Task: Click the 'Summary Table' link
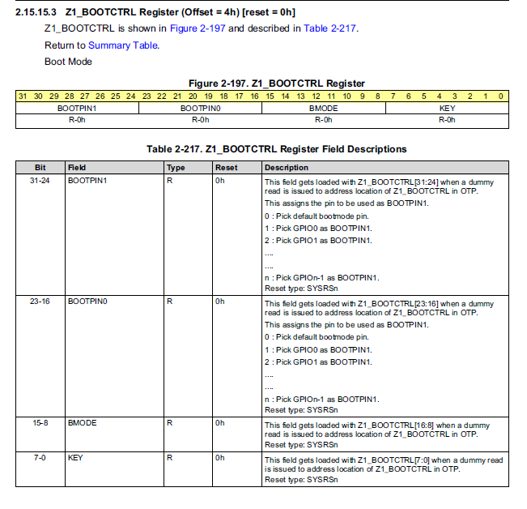coord(123,45)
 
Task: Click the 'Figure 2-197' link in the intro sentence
coord(198,28)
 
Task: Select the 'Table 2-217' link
coord(329,28)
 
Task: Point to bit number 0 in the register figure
coord(502,96)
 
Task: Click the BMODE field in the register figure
coord(324,108)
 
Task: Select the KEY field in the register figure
coord(447,108)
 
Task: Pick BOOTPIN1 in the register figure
coord(77,108)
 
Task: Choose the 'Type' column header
coord(176,168)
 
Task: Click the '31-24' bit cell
coord(39,181)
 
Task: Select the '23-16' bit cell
coord(39,301)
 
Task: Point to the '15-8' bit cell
coord(39,422)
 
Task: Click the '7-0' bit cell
coord(39,457)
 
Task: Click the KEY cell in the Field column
coord(75,457)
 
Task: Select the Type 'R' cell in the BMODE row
coord(169,422)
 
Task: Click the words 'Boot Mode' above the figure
coord(68,62)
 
